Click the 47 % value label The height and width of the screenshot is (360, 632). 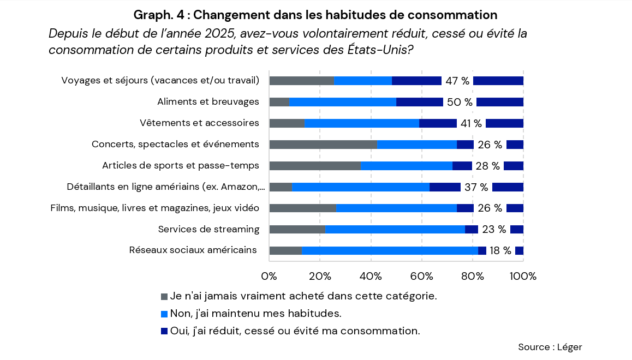coord(457,81)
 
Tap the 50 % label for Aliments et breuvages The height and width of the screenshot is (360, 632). coord(460,102)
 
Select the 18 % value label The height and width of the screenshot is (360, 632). coord(500,250)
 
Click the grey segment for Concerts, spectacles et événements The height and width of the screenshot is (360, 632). coord(323,145)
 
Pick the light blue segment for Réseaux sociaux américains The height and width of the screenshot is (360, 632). coord(390,250)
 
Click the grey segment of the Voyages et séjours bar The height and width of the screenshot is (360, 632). coord(301,81)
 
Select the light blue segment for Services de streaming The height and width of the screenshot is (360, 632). coord(395,229)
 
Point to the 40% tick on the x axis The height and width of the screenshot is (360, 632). coord(371,276)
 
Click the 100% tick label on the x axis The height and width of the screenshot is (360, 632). coord(523,276)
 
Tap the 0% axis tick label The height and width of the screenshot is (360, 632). coord(270,276)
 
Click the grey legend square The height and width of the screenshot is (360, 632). coord(164,297)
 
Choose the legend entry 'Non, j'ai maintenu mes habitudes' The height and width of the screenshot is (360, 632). coord(255,314)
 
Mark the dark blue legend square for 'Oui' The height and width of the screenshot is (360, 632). coord(164,331)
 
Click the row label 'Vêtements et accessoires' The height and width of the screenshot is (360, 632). coord(199,123)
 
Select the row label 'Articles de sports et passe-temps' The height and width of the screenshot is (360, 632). coord(181,166)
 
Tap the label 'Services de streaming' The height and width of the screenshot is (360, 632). coord(208,229)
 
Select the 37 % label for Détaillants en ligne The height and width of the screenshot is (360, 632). coord(476,187)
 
